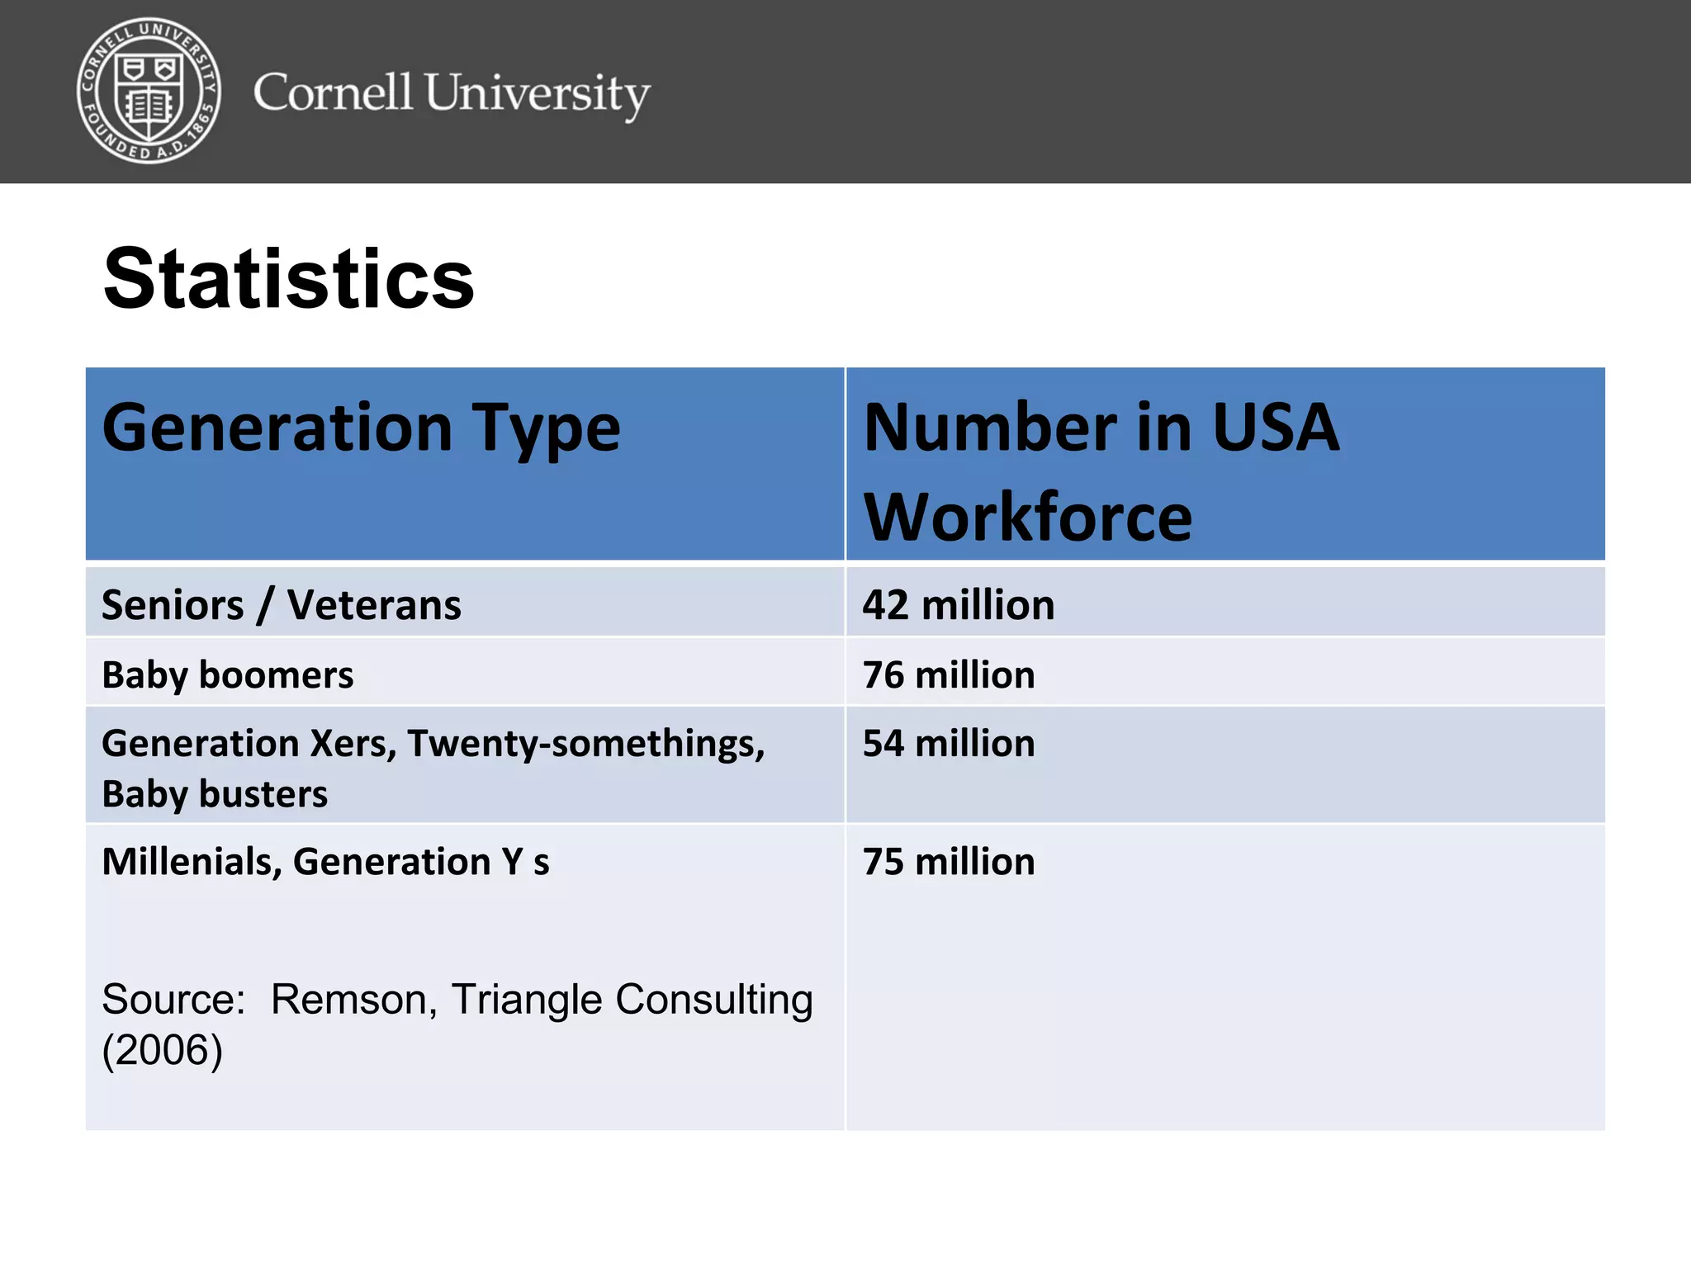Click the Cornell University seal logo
(x=149, y=91)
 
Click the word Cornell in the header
(x=332, y=92)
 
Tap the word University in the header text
(x=538, y=93)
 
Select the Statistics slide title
(x=288, y=279)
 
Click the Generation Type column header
(x=361, y=428)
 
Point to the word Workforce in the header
(x=1027, y=518)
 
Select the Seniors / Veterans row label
(x=281, y=605)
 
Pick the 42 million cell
(x=958, y=605)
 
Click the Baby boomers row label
(x=228, y=675)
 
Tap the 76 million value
(x=948, y=675)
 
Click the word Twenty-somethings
(x=585, y=744)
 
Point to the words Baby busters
(x=215, y=794)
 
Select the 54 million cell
(x=948, y=744)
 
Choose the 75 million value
(x=948, y=862)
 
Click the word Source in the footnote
(x=173, y=1000)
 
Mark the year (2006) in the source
(x=162, y=1051)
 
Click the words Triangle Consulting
(x=632, y=1000)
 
